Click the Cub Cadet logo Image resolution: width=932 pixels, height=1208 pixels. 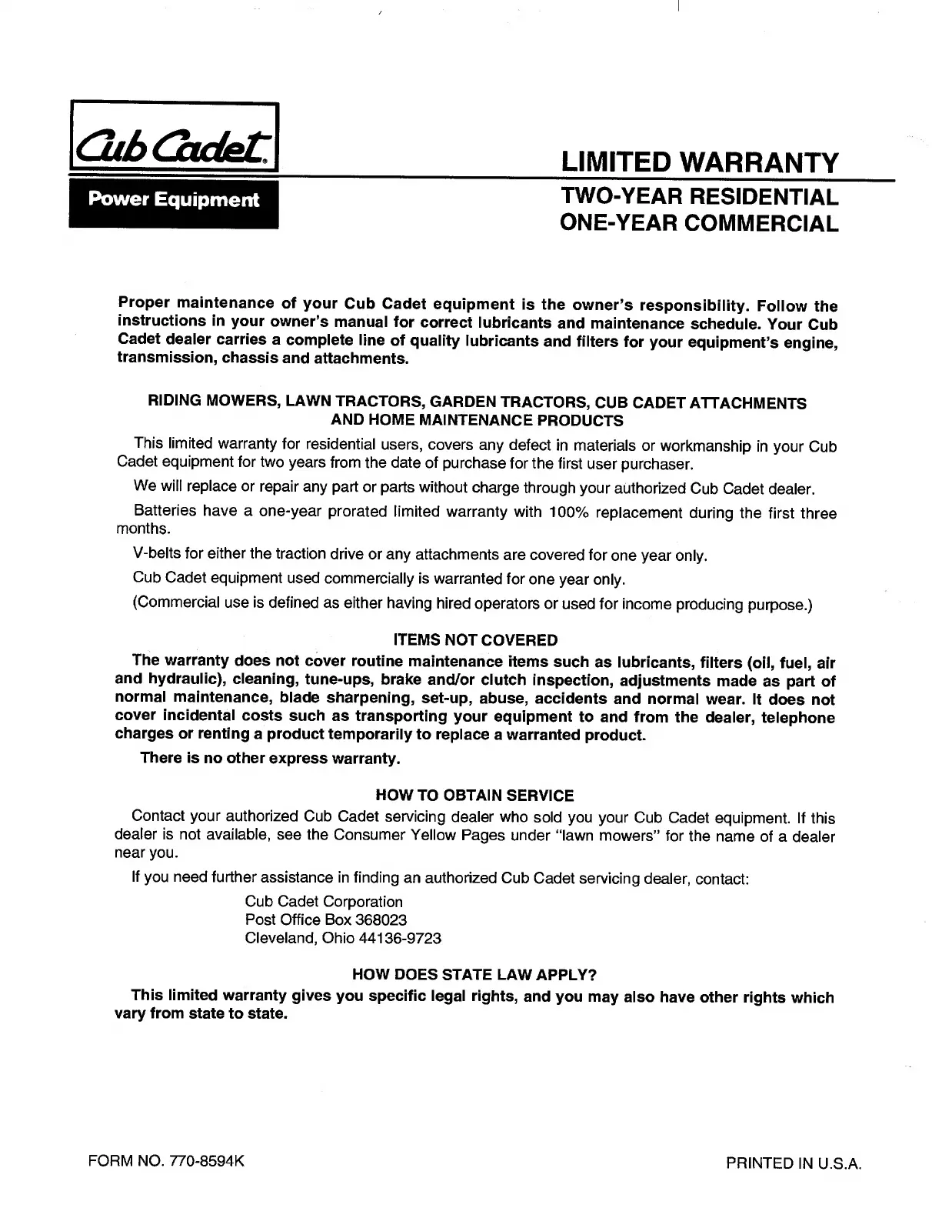coord(174,140)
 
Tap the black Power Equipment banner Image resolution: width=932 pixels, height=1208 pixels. coord(174,200)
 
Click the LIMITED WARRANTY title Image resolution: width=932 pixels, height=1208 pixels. coord(699,163)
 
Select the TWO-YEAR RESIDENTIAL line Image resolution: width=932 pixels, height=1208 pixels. coord(699,196)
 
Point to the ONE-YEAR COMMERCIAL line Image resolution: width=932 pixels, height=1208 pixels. coord(699,223)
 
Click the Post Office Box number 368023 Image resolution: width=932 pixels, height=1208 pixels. coord(377,920)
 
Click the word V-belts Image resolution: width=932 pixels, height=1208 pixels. coord(157,555)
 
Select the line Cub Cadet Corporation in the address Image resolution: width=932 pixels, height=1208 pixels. coord(324,902)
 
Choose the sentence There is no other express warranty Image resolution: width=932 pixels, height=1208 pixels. coord(271,759)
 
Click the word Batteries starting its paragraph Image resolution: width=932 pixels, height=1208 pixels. coord(165,512)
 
